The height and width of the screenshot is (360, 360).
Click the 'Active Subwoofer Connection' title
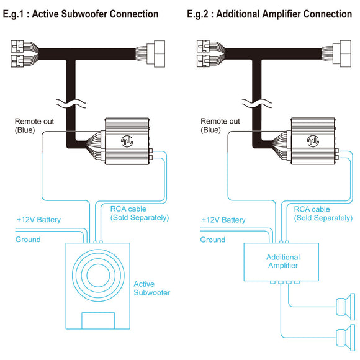95,14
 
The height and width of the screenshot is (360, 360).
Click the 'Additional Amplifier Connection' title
284,14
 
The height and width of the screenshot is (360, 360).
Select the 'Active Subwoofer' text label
152,289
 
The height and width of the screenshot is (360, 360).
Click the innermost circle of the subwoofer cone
98,275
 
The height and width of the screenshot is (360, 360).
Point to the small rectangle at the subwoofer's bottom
98,320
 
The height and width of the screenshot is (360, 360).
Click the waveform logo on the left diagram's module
127,141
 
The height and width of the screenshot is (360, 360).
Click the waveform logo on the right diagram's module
313,141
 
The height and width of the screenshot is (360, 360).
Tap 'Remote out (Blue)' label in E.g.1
34,125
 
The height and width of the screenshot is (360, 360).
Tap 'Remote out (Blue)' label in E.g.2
220,125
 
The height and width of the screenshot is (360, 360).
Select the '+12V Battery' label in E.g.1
38,220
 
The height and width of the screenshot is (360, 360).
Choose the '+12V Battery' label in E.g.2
223,220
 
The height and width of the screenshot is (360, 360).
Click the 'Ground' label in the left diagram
28,240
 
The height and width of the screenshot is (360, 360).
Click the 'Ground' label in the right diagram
213,240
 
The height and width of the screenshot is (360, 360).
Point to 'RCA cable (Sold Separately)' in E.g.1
140,214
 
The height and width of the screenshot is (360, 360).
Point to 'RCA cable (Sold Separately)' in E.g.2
323,214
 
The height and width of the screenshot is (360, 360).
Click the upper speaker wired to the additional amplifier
346,307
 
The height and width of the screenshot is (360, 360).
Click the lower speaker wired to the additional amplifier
346,338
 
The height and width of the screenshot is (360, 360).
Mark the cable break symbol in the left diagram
71,103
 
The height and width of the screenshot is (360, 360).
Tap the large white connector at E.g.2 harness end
342,54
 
